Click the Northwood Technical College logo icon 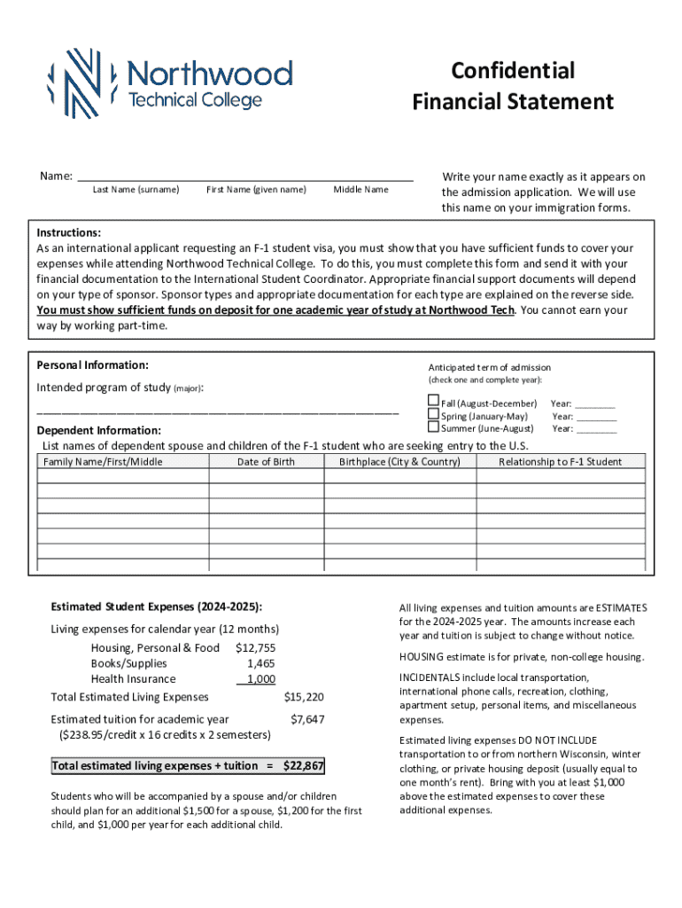click(x=74, y=83)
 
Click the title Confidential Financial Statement click(x=512, y=86)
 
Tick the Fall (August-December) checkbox click(x=433, y=401)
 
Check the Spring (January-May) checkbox click(x=433, y=414)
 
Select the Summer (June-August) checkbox click(x=433, y=427)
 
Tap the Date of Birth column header click(x=266, y=462)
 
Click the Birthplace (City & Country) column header click(x=399, y=462)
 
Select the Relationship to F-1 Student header click(x=560, y=462)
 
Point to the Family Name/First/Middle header click(x=103, y=462)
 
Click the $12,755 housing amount click(x=256, y=648)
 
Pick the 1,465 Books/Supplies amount click(x=261, y=663)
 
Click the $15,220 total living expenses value click(x=304, y=697)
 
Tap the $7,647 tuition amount click(x=307, y=719)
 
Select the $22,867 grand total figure click(x=303, y=766)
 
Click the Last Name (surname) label click(x=136, y=190)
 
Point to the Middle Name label click(x=360, y=190)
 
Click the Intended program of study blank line click(x=217, y=413)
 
